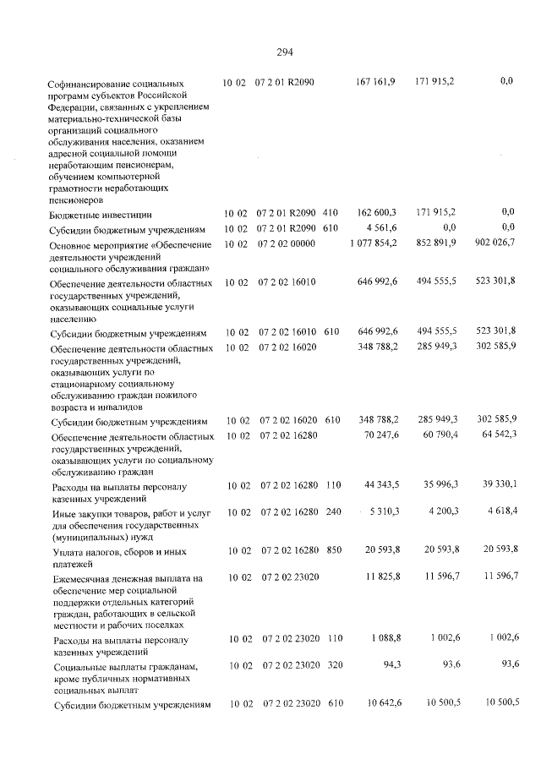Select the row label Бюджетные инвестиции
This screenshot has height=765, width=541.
(101, 216)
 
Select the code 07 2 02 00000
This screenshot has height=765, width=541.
(285, 243)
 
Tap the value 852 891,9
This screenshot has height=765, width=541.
(436, 243)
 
